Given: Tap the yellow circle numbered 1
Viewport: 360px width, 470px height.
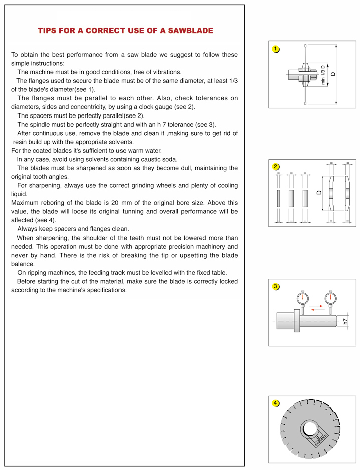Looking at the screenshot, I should tap(276, 49).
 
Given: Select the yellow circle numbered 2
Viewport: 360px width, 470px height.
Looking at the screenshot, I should tap(276, 166).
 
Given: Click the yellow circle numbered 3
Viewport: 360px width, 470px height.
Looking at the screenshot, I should tap(276, 286).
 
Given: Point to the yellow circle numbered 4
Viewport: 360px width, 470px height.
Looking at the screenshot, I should tap(276, 403).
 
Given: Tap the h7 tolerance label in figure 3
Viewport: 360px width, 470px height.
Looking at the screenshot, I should tap(345, 321).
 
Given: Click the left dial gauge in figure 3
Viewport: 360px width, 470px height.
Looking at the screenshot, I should tap(303, 299).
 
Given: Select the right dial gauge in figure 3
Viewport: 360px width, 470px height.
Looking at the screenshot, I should tap(329, 299).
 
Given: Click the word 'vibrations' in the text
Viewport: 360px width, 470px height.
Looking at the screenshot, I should tap(166, 72).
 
